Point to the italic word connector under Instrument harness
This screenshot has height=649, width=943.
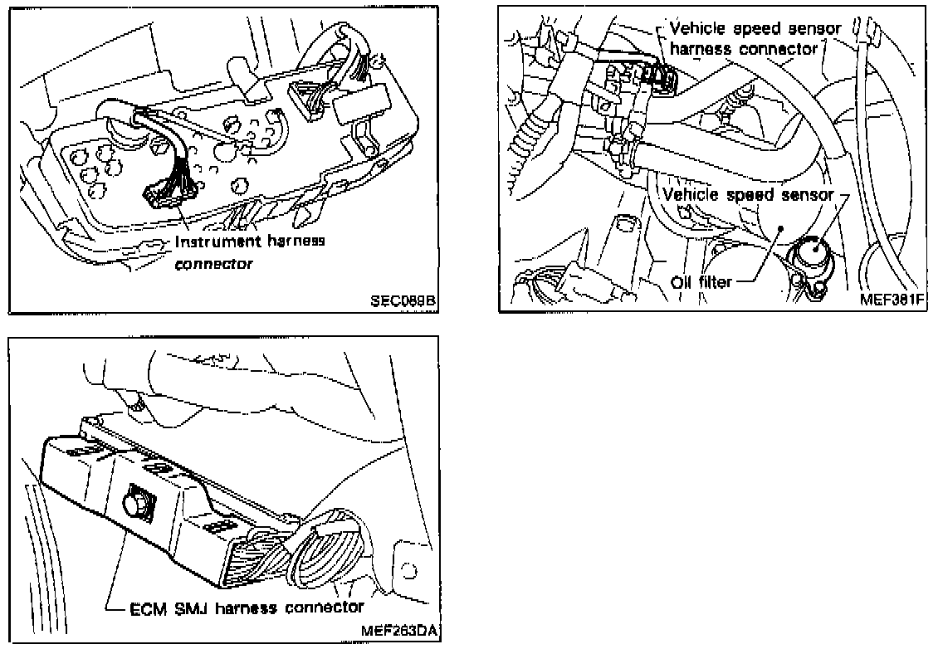coord(214,265)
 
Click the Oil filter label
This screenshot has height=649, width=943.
coord(701,282)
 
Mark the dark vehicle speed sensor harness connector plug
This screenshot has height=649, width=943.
coord(657,76)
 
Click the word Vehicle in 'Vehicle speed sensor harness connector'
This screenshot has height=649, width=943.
coord(696,29)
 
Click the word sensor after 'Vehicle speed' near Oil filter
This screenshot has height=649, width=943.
coord(809,196)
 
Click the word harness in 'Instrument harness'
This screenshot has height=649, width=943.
coord(291,242)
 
